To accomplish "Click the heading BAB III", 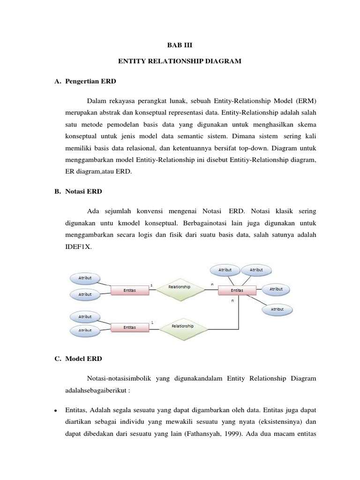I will tap(180, 45).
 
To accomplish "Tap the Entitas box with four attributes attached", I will tap(237, 291).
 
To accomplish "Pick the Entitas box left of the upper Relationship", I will tap(129, 291).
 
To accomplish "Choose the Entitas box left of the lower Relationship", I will tap(129, 327).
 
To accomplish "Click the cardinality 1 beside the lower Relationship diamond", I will tap(152, 322).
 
